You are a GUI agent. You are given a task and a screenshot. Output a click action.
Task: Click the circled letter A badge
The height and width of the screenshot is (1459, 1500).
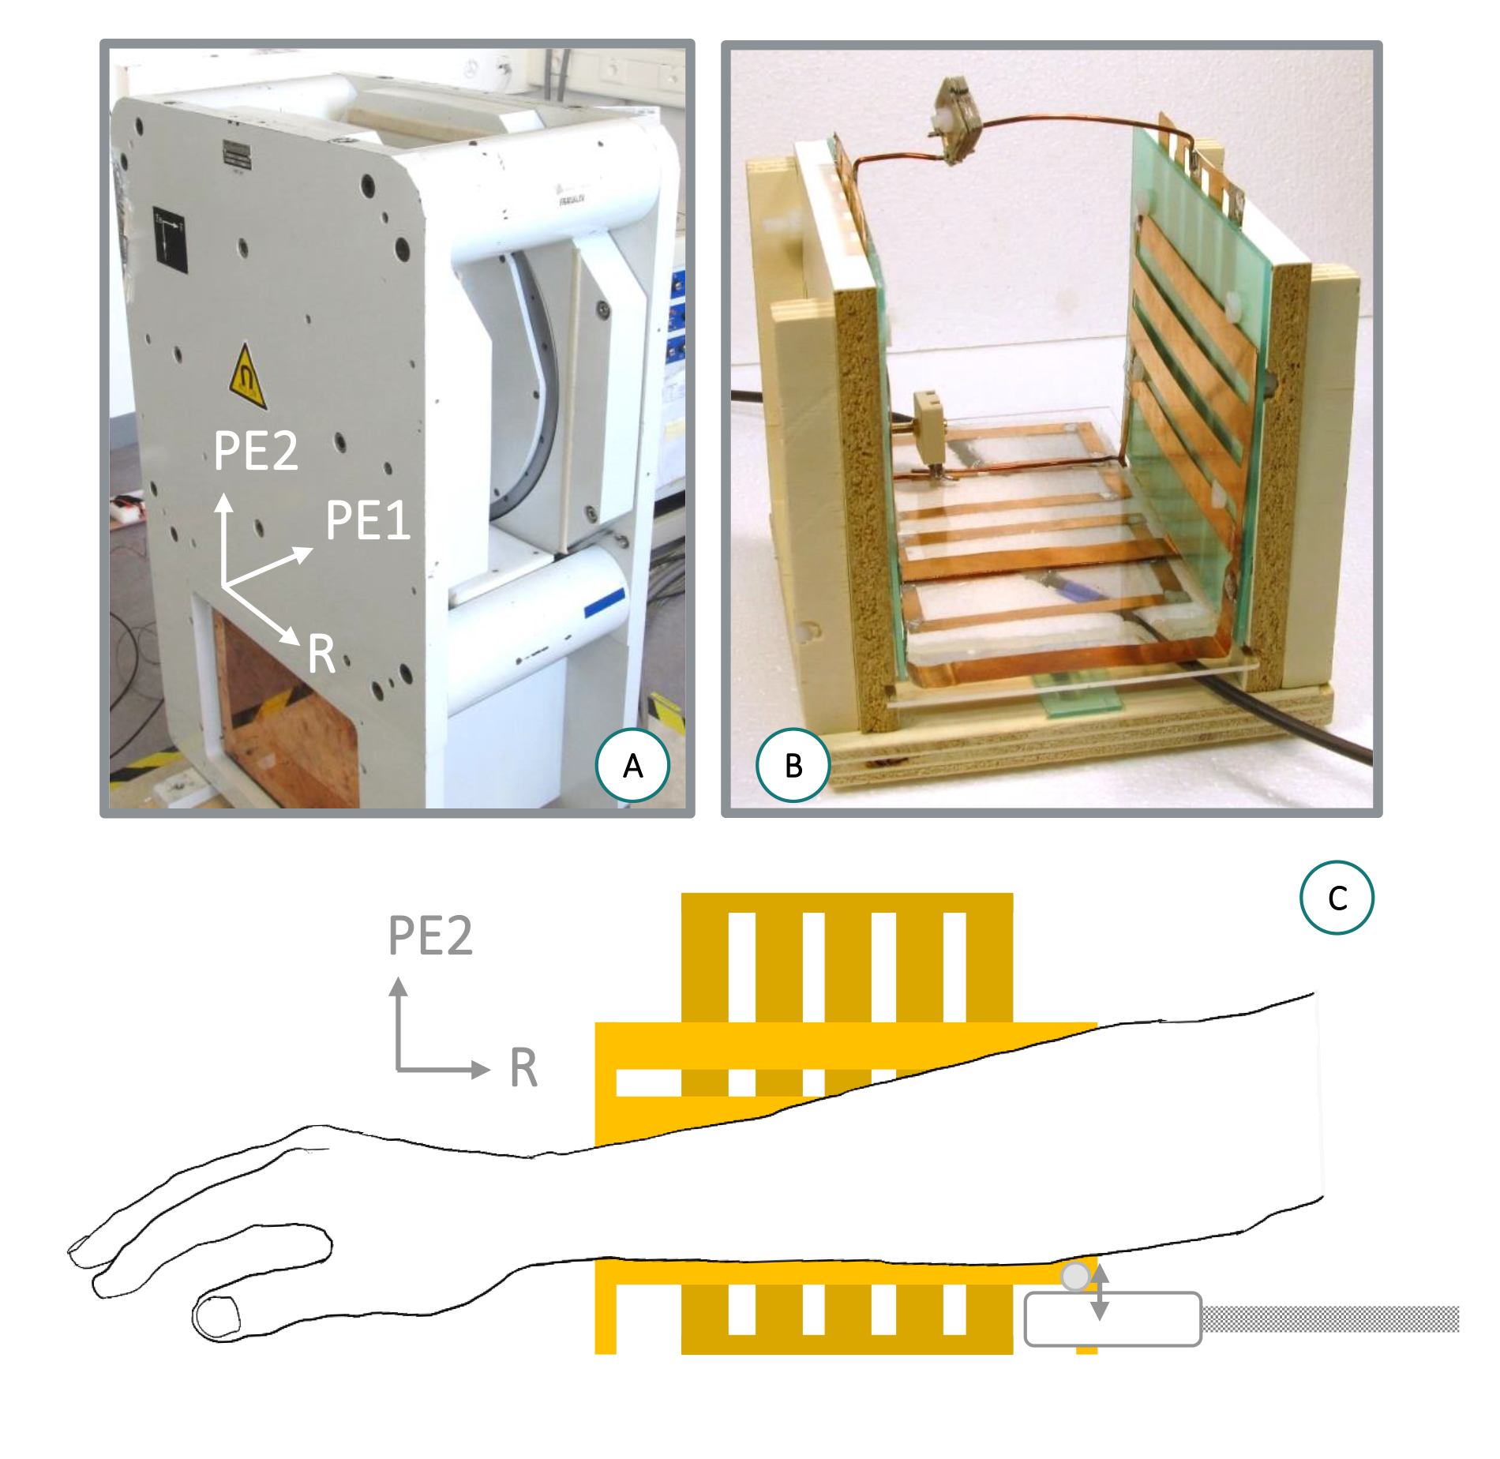click(x=632, y=766)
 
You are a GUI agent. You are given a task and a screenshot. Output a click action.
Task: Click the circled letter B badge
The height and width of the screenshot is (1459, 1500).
click(x=793, y=766)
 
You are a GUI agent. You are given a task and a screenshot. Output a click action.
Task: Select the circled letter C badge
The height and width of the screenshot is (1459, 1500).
click(x=1337, y=898)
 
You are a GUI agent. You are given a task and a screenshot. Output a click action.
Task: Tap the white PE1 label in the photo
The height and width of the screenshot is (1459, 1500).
click(x=368, y=520)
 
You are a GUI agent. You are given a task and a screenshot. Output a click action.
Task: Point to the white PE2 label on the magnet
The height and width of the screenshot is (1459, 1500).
click(x=256, y=451)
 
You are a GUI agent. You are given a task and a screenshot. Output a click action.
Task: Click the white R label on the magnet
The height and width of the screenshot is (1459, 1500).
click(x=321, y=654)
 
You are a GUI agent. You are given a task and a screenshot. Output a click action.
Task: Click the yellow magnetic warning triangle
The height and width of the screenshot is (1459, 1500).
click(x=247, y=377)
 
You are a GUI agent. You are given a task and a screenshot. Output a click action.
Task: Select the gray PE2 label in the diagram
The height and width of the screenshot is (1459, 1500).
click(x=430, y=936)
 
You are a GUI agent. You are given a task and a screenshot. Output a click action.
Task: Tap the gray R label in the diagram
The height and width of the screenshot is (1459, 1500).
click(x=523, y=1067)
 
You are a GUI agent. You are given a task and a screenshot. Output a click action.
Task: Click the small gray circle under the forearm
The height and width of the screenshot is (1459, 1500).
click(x=1075, y=1277)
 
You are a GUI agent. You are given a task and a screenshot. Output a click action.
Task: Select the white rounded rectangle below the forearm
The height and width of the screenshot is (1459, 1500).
click(x=1112, y=1319)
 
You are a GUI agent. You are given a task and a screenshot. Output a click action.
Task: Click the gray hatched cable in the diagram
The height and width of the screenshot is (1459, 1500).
click(x=1330, y=1318)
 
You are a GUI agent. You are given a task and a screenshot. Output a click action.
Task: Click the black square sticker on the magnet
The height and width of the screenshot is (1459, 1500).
click(x=170, y=240)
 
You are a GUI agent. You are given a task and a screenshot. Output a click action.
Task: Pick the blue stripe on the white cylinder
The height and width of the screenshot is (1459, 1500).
click(x=605, y=602)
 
